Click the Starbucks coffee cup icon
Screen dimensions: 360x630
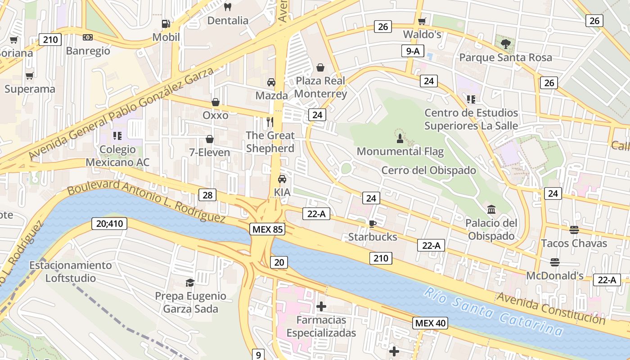(x=372, y=223)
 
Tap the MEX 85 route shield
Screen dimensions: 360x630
(x=268, y=229)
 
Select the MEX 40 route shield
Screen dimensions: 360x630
(x=431, y=323)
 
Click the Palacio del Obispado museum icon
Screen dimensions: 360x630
(x=491, y=209)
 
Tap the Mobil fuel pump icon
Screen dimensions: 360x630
(x=166, y=23)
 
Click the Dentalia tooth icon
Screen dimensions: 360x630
(x=228, y=7)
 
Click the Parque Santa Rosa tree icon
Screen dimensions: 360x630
(x=506, y=44)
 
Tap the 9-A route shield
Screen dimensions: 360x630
(x=413, y=51)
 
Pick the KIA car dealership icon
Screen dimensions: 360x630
(x=282, y=179)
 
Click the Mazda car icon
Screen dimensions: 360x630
(x=271, y=82)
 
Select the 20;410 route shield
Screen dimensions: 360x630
(x=109, y=223)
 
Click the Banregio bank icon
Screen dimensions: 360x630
(x=88, y=37)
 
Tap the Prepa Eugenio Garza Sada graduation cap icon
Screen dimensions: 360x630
(x=190, y=283)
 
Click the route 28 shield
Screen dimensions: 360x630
(x=207, y=195)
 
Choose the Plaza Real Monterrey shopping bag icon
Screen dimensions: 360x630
(x=320, y=67)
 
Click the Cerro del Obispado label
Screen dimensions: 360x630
(x=428, y=170)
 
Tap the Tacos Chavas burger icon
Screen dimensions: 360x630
(x=574, y=229)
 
